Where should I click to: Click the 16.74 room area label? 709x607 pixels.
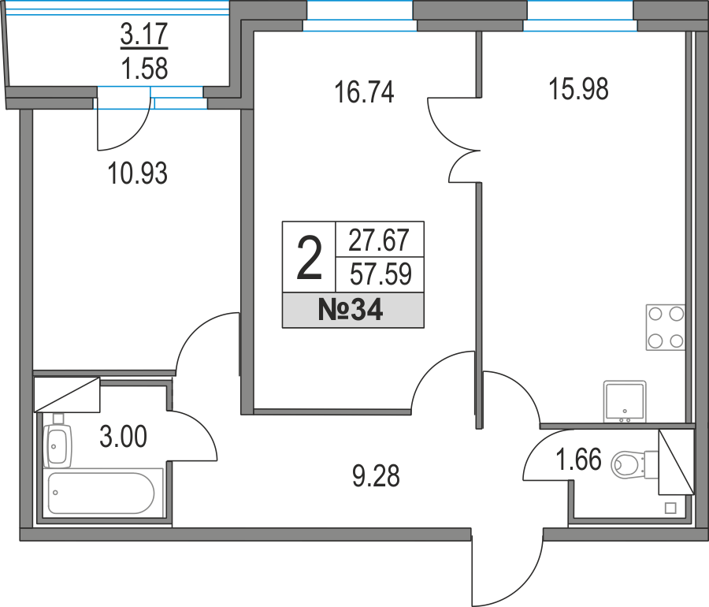(x=364, y=91)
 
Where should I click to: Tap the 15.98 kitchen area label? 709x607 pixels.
(x=578, y=88)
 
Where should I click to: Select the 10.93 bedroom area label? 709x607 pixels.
(x=138, y=173)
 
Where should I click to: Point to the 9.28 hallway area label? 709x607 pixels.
(x=377, y=476)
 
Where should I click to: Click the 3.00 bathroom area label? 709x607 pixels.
(x=123, y=437)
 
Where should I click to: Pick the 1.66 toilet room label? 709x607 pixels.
(x=578, y=459)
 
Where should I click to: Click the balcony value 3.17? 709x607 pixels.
(x=144, y=33)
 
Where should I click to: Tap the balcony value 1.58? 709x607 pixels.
(x=145, y=69)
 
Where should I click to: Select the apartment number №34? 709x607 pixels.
(x=351, y=311)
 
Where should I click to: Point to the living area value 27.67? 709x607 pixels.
(x=379, y=240)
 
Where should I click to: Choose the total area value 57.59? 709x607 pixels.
(x=380, y=274)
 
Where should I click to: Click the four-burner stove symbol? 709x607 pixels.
(x=666, y=327)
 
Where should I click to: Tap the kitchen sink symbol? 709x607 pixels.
(x=625, y=402)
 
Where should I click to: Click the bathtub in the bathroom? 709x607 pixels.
(x=102, y=493)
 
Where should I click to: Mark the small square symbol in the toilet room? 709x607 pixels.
(x=670, y=508)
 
